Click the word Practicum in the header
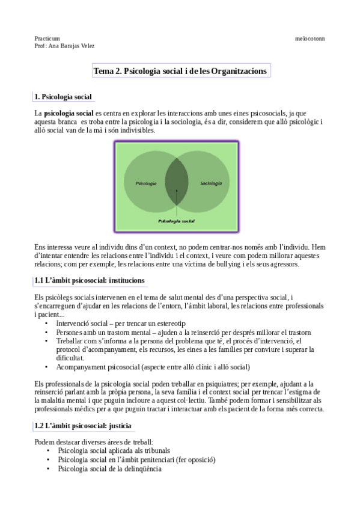point(47,38)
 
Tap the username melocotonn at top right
point(310,38)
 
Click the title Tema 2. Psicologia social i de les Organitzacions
point(180,71)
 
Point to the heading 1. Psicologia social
point(63,97)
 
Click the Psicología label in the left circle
point(146,183)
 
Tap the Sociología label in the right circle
point(211,183)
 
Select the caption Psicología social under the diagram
point(176,221)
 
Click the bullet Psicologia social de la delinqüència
point(109,469)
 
